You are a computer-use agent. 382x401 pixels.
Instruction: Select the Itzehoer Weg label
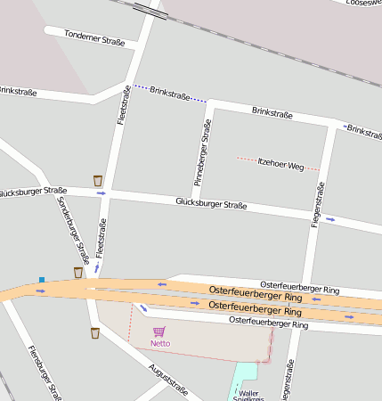[280, 165]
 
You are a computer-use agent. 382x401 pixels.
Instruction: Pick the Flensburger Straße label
[43, 372]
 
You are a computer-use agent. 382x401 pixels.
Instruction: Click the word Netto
[160, 343]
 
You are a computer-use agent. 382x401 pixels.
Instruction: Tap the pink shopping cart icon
[159, 331]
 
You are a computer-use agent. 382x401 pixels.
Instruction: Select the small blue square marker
[41, 280]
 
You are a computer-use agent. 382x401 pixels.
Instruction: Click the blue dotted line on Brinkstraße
[169, 94]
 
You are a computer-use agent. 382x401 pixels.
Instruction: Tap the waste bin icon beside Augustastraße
[94, 333]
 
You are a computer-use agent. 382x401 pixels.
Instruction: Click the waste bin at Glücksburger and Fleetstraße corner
[97, 181]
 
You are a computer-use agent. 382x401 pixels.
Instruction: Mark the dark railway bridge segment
[149, 11]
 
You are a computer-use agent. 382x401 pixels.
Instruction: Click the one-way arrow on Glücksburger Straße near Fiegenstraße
[330, 219]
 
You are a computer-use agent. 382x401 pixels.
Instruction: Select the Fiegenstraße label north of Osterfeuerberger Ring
[317, 204]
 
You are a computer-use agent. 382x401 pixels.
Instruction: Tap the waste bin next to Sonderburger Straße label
[78, 272]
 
